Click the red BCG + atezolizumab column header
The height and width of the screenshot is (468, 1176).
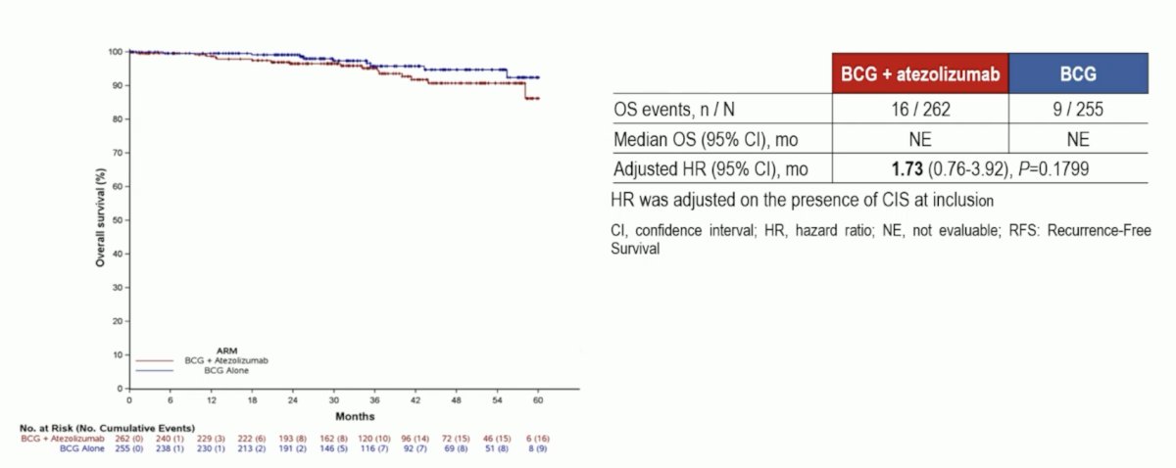[x=920, y=73]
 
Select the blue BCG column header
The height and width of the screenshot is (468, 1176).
[x=1078, y=73]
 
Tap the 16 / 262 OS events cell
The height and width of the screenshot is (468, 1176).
[x=920, y=109]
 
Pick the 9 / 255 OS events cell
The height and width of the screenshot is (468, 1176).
[x=1078, y=109]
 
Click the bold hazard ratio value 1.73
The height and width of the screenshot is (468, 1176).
[x=906, y=169]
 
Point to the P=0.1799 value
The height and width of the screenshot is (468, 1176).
[x=1053, y=169]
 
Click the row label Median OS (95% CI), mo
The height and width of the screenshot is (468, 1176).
[x=706, y=140]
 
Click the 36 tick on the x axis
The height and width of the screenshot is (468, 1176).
[x=374, y=400]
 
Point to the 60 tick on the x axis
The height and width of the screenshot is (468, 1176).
[x=538, y=400]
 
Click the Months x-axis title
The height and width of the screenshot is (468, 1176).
[x=355, y=416]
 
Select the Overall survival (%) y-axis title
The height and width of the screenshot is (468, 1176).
[x=100, y=217]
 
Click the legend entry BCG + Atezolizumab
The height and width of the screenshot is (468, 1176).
[x=226, y=360]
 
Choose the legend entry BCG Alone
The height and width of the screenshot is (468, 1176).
[x=226, y=370]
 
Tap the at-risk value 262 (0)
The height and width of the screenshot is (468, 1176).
[x=129, y=439]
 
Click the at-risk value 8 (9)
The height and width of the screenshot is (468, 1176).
[x=538, y=448]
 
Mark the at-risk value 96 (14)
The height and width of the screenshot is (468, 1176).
[x=416, y=439]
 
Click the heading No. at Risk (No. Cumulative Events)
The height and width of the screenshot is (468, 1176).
[x=107, y=428]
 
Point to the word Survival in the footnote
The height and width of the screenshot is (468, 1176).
[x=635, y=249]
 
